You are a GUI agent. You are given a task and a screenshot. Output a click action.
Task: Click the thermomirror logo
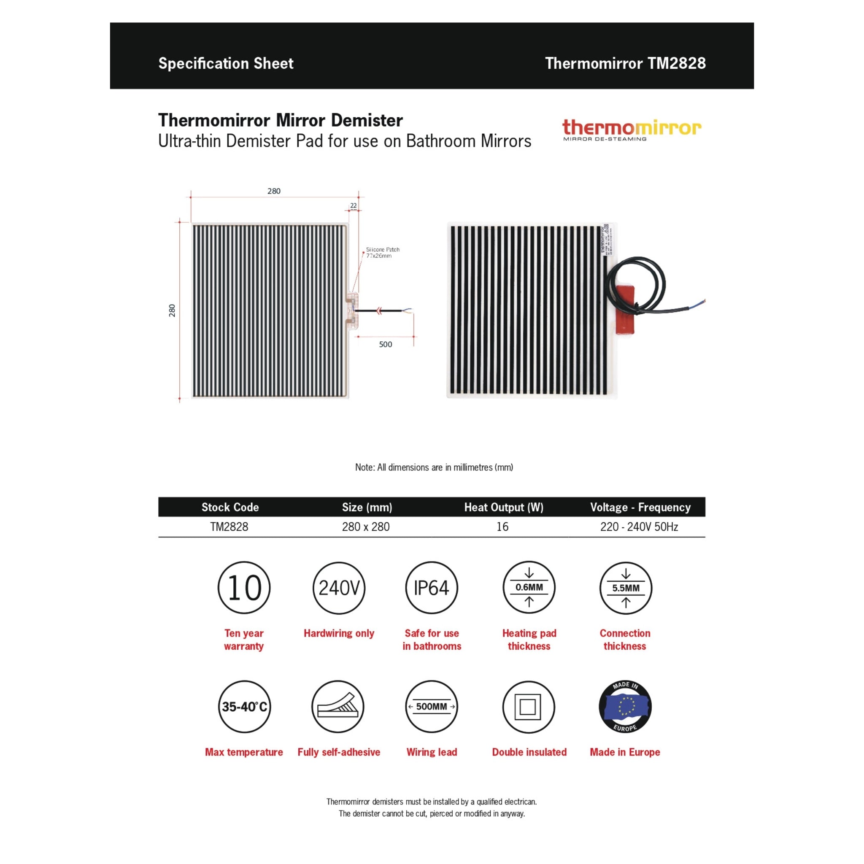(x=632, y=129)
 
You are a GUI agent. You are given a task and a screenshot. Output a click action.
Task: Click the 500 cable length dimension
(x=385, y=344)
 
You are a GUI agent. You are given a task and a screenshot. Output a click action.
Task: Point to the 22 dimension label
(x=353, y=206)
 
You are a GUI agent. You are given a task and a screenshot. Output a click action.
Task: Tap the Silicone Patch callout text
(x=382, y=253)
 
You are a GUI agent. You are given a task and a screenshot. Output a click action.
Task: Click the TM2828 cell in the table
(x=229, y=527)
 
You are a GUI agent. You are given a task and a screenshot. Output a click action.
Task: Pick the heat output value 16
(x=502, y=527)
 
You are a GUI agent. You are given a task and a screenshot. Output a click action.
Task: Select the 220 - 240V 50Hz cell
(x=639, y=527)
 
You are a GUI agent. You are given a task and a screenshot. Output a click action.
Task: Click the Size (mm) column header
(x=367, y=507)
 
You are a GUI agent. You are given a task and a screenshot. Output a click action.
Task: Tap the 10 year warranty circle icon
(x=244, y=588)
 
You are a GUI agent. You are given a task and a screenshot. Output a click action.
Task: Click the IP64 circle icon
(x=432, y=588)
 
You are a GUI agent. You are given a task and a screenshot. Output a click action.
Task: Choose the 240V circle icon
(x=339, y=588)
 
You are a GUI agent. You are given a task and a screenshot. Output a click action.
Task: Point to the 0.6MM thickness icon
(x=529, y=588)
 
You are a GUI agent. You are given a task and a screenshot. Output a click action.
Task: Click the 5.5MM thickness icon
(x=626, y=588)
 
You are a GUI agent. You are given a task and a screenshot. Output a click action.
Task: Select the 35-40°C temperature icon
(x=244, y=707)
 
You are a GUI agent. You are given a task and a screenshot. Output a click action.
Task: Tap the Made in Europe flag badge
(x=625, y=707)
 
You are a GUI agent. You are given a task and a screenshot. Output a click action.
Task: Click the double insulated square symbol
(x=528, y=707)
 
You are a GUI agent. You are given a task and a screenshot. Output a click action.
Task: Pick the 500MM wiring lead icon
(x=432, y=707)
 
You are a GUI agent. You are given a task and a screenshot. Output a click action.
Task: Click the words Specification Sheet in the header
(x=226, y=64)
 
